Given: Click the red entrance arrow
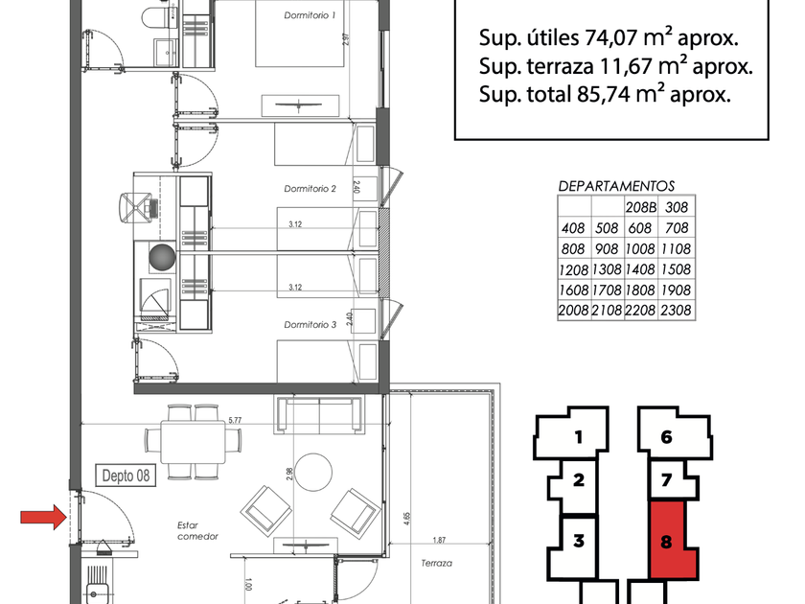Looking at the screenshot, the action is tap(44, 517).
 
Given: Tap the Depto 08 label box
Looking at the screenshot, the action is tap(126, 476).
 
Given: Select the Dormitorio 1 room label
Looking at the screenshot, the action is tap(310, 15).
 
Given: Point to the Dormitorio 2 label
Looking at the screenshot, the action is tap(310, 189).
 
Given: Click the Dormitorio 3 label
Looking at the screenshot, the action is tap(310, 325).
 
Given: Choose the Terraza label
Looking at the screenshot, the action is tap(436, 563).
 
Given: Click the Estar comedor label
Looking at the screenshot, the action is tap(197, 530).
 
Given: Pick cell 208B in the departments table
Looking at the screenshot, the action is tap(641, 207).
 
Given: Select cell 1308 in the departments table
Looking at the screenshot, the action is tap(607, 269).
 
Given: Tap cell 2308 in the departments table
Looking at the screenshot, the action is tap(677, 311).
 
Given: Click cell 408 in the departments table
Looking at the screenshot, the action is tap(573, 228).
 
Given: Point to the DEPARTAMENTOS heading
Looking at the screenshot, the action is tap(616, 186).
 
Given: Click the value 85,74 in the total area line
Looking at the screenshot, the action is tap(603, 95).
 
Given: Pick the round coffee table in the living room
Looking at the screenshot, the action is tap(313, 472).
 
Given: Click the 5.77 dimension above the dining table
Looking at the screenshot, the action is tap(235, 420).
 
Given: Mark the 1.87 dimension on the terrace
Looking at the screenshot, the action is tap(439, 540).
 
